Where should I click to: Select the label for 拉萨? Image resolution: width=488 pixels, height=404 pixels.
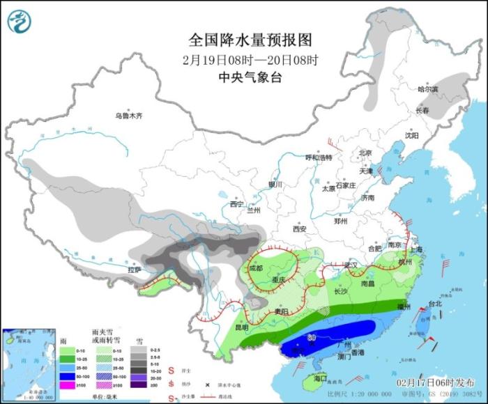point(134,269)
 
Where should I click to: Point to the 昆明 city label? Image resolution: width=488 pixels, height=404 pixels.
point(241,326)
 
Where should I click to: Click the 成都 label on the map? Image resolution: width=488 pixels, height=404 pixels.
point(257,267)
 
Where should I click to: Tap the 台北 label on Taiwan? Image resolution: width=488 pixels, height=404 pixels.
point(435,304)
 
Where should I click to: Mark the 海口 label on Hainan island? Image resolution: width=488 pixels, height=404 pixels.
point(319,378)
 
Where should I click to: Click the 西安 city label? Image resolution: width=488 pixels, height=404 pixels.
point(299,228)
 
